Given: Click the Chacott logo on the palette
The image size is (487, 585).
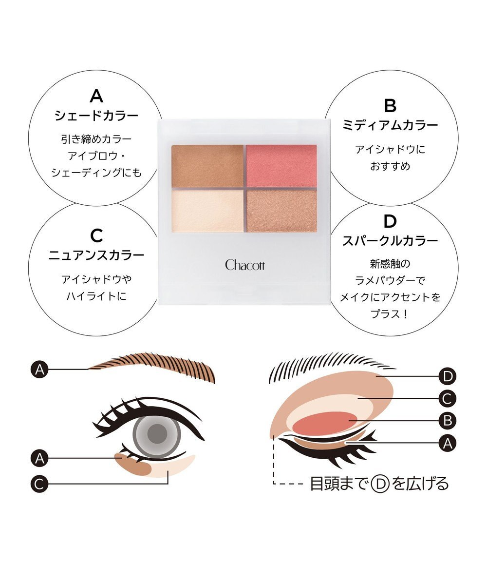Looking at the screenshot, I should tap(244, 265).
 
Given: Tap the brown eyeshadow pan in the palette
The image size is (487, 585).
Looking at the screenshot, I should tap(207, 166).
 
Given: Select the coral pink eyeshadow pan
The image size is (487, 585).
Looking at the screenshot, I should tap(281, 166).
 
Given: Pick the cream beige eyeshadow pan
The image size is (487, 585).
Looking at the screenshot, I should tap(207, 211).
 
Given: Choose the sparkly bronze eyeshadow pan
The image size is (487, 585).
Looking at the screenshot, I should tap(281, 211).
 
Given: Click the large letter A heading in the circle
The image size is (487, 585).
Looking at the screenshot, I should tap(97, 96).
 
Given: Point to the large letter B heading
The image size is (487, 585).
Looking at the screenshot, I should tap(390, 106).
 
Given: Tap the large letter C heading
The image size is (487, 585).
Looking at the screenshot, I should tap(97, 236).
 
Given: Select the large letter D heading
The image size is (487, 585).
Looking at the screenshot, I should tap(390, 222).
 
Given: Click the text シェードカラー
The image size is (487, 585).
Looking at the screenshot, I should tap(97, 116).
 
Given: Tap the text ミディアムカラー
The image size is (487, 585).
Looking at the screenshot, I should tap(390, 125).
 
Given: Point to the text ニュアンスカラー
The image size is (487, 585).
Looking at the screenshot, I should tap(97, 255).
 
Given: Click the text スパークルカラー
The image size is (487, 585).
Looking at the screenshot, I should tap(390, 241).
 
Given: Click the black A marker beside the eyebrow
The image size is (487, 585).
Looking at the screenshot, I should tap(40, 370).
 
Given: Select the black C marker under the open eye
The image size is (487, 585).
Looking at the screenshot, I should tap(40, 484).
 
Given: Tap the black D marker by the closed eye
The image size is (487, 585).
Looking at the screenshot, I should tap(447, 376).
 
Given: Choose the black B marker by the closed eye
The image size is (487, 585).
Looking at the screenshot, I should tap(447, 420).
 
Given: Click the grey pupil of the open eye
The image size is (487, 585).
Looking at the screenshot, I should tap(157, 430).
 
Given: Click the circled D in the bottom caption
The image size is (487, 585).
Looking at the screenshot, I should tap(379, 484).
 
